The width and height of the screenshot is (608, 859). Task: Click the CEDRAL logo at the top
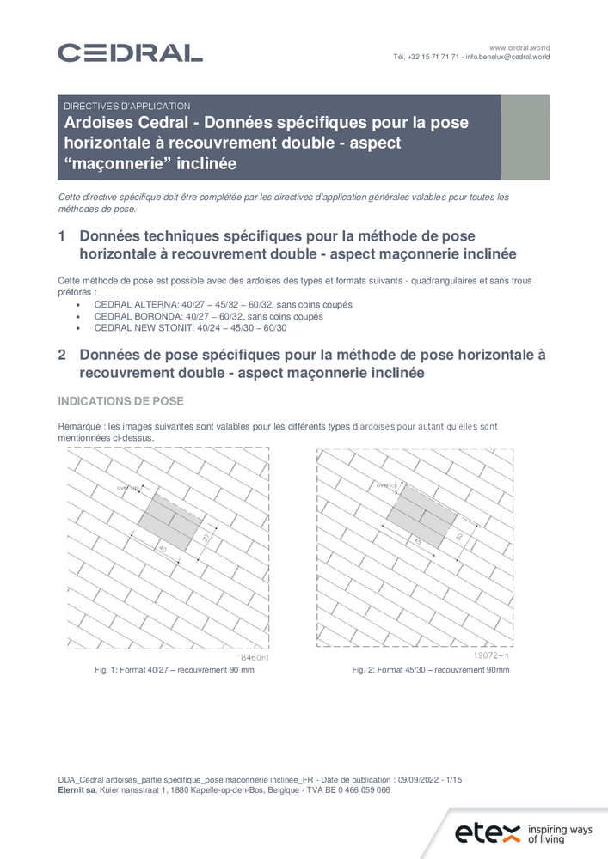(x=130, y=52)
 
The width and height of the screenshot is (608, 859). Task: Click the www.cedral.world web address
(x=519, y=46)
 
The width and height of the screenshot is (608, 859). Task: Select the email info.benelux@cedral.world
(x=507, y=57)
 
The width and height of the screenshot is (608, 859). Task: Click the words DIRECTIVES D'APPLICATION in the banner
(x=126, y=106)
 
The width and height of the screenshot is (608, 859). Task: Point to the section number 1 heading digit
(x=62, y=236)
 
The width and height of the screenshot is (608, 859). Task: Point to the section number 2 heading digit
(x=62, y=355)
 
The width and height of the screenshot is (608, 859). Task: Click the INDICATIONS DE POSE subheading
(x=120, y=401)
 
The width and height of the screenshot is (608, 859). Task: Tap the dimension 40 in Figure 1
(x=162, y=547)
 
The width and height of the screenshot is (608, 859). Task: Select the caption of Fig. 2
(x=430, y=669)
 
